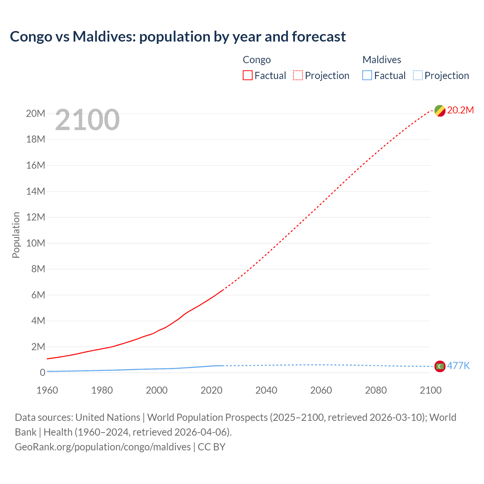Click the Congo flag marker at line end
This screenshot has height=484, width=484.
tap(439, 111)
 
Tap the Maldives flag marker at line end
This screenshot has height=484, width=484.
tap(439, 366)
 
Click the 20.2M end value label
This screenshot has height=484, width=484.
tap(460, 110)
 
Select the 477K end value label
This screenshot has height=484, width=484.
tap(458, 366)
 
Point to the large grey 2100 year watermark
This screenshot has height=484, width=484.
tap(87, 120)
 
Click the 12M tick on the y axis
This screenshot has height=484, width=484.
tap(36, 217)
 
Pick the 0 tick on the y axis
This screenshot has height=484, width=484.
tap(42, 372)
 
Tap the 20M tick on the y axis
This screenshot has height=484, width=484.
tap(36, 113)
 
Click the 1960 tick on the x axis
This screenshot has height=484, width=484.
tap(47, 390)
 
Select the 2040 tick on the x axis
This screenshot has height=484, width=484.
tap(266, 390)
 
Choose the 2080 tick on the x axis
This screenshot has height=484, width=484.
tap(376, 390)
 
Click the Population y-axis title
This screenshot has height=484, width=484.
tap(16, 235)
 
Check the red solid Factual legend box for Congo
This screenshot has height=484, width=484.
tap(248, 75)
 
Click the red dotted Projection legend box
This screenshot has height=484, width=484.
tap(298, 75)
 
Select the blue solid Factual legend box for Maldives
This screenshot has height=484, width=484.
tap(367, 75)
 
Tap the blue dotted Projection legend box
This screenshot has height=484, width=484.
tap(418, 75)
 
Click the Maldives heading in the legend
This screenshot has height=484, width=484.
tap(382, 60)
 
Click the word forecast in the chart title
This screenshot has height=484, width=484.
tap(319, 37)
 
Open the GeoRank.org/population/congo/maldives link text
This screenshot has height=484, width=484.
tap(103, 447)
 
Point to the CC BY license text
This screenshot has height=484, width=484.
tap(211, 447)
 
